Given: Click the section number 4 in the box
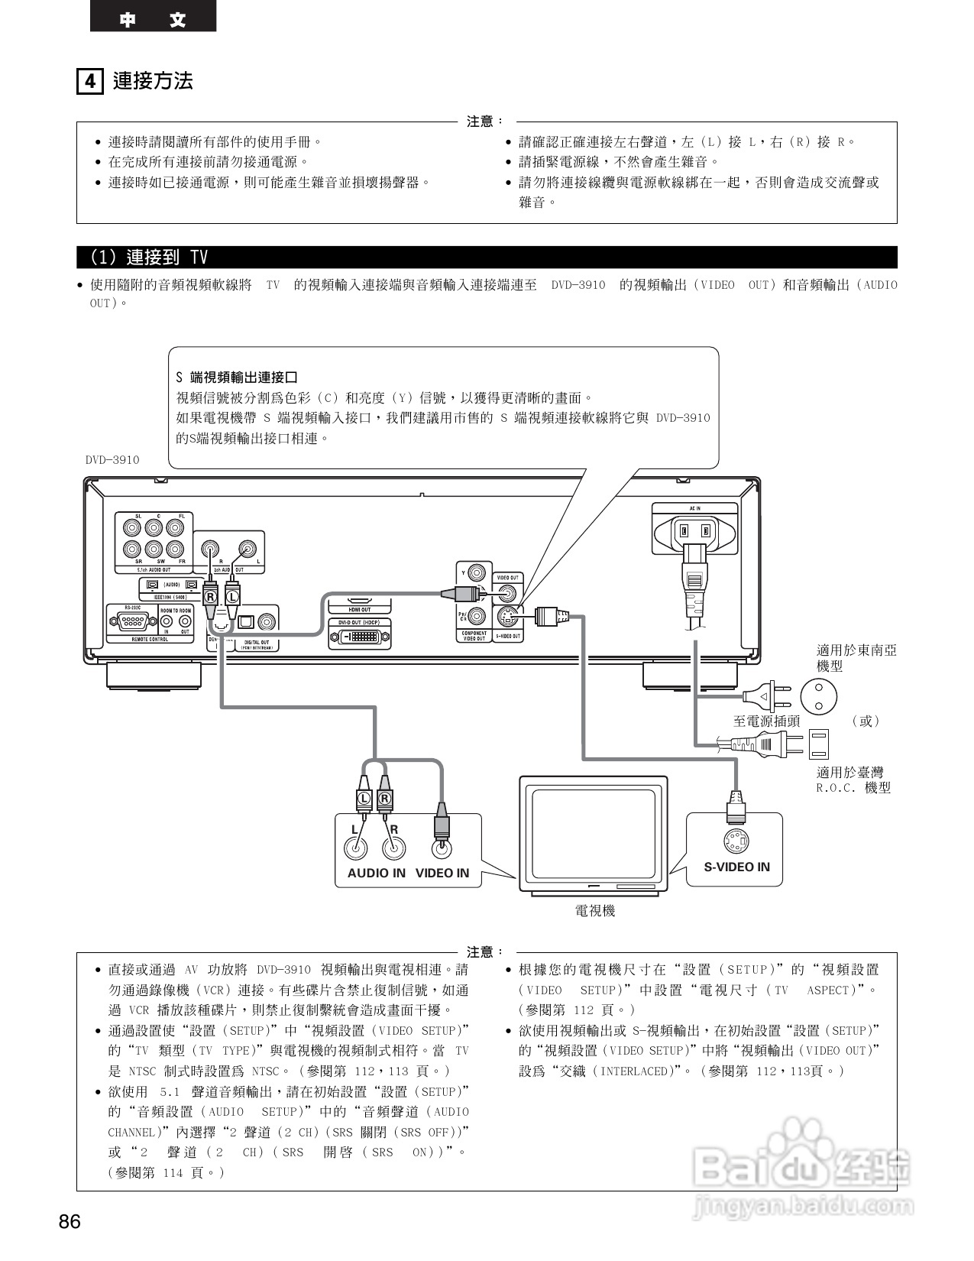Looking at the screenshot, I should point(90,81).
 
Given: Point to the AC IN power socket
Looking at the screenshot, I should point(695,530).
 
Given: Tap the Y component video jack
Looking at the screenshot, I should point(478,573).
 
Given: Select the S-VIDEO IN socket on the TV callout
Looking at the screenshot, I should point(736,843).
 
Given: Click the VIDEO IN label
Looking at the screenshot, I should point(442,873).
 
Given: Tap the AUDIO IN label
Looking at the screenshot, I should point(376,873).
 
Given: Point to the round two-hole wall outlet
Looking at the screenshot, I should point(818,695).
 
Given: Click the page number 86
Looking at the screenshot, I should point(70,1221).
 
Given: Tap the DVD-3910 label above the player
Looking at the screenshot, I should point(112,459).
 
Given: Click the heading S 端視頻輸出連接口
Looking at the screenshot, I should point(236,378).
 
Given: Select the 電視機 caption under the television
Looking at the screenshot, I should point(594,911).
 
